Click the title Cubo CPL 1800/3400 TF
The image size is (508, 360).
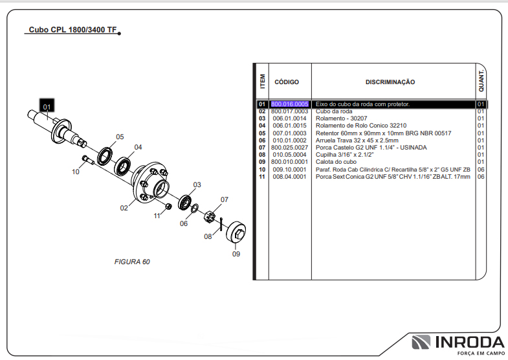click(72, 30)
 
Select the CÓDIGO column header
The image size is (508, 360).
click(287, 82)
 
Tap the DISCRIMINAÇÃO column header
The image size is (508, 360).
click(390, 82)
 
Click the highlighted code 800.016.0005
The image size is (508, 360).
click(289, 104)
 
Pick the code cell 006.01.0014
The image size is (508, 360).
click(289, 118)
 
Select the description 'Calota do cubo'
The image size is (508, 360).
click(337, 162)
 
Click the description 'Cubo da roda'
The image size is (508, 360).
click(334, 111)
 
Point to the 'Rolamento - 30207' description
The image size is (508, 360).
click(342, 118)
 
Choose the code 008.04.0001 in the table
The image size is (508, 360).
click(289, 176)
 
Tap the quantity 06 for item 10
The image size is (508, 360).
click(481, 169)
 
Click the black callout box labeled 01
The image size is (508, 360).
click(47, 106)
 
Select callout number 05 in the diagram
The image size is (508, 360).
click(120, 137)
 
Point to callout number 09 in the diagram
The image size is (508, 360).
click(236, 254)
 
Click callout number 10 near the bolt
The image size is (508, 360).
click(76, 172)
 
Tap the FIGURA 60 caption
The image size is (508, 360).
click(132, 262)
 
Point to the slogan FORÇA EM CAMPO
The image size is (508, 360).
click(480, 354)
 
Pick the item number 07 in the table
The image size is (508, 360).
click(262, 148)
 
